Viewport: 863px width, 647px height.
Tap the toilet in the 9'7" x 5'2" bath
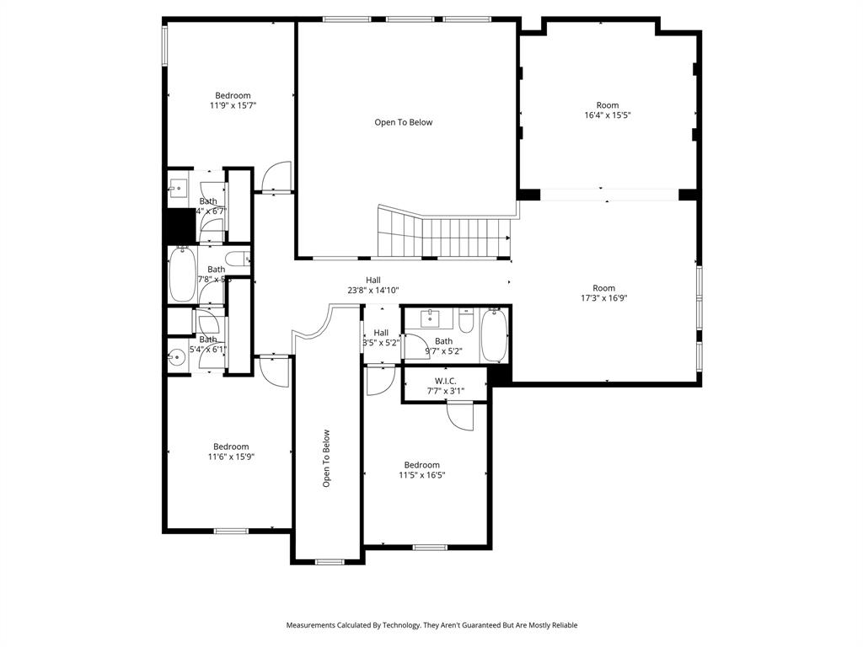(x=466, y=323)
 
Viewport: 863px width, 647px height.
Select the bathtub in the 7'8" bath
(x=182, y=274)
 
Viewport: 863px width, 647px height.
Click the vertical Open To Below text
(x=326, y=458)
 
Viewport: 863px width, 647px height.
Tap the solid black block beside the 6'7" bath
(x=179, y=226)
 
